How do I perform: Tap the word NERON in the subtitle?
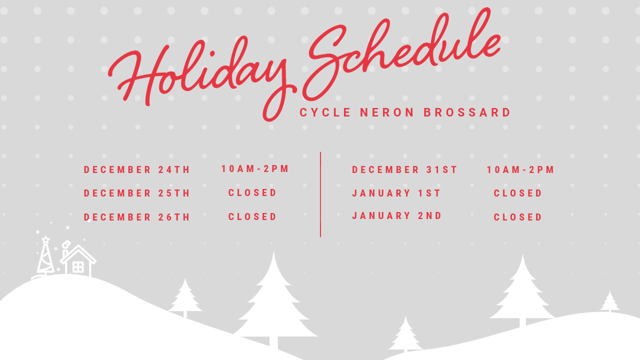pyautogui.click(x=387, y=112)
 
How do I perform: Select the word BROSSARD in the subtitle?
pyautogui.click(x=467, y=112)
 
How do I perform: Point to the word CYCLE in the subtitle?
pyautogui.click(x=325, y=112)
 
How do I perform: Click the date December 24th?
pyautogui.click(x=137, y=169)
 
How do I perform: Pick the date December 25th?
pyautogui.click(x=137, y=193)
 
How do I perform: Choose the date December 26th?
pyautogui.click(x=137, y=217)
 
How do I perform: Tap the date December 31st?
pyautogui.click(x=404, y=169)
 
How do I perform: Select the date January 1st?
pyautogui.click(x=396, y=193)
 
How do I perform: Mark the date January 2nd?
pyautogui.click(x=397, y=215)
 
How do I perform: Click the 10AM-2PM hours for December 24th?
pyautogui.click(x=255, y=169)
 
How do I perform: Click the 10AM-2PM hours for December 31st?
pyautogui.click(x=520, y=169)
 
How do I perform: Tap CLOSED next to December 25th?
pyautogui.click(x=252, y=193)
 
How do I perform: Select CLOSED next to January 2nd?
pyautogui.click(x=517, y=217)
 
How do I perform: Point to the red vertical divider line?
pyautogui.click(x=320, y=194)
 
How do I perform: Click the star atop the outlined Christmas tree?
pyautogui.click(x=45, y=239)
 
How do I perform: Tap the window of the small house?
pyautogui.click(x=78, y=267)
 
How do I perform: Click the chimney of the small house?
pyautogui.click(x=65, y=253)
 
